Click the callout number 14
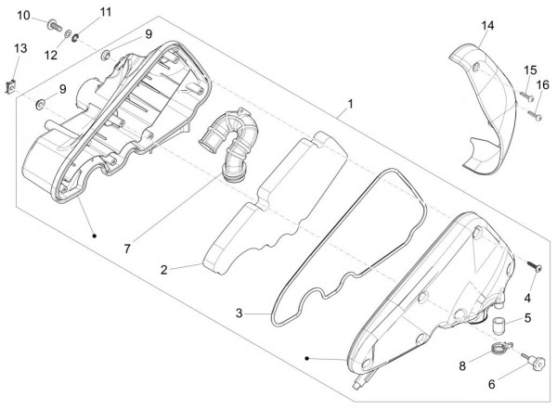(487, 26)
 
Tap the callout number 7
(127, 249)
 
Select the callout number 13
(20, 48)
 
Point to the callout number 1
(351, 104)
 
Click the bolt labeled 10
(54, 25)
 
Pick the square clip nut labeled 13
(12, 87)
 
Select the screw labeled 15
(526, 96)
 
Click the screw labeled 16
(535, 115)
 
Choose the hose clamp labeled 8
(501, 347)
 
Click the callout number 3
(240, 313)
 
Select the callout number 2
(163, 270)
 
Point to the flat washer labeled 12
(67, 34)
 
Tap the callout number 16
(542, 85)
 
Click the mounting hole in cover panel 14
(476, 65)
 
